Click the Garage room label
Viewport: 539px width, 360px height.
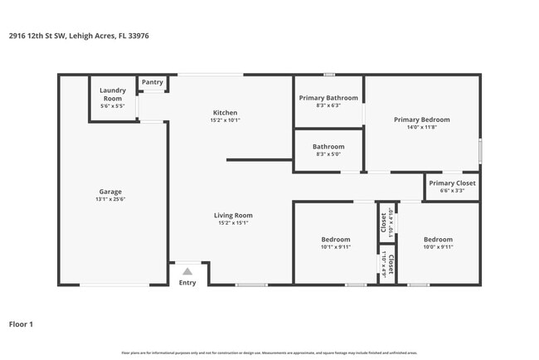coord(110,191)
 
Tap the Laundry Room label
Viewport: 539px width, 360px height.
coord(111,94)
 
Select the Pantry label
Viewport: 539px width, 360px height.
coord(152,82)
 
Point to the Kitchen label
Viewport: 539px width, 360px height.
coord(226,113)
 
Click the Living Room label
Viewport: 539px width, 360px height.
coord(235,216)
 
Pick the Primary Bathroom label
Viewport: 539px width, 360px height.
coord(328,98)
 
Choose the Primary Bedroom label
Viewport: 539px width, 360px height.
coord(421,119)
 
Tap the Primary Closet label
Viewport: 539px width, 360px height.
coord(452,182)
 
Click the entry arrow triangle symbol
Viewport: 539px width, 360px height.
coord(187,270)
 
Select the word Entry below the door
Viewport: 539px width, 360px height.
coord(187,283)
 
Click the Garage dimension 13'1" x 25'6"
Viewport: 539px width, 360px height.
coord(110,199)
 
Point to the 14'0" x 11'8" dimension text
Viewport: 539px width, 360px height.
coord(421,127)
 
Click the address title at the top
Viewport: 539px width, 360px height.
coord(79,36)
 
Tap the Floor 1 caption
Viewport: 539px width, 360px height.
coord(22,324)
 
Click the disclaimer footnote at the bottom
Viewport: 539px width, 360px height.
coord(269,353)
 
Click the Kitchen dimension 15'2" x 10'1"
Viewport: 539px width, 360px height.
coord(226,120)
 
